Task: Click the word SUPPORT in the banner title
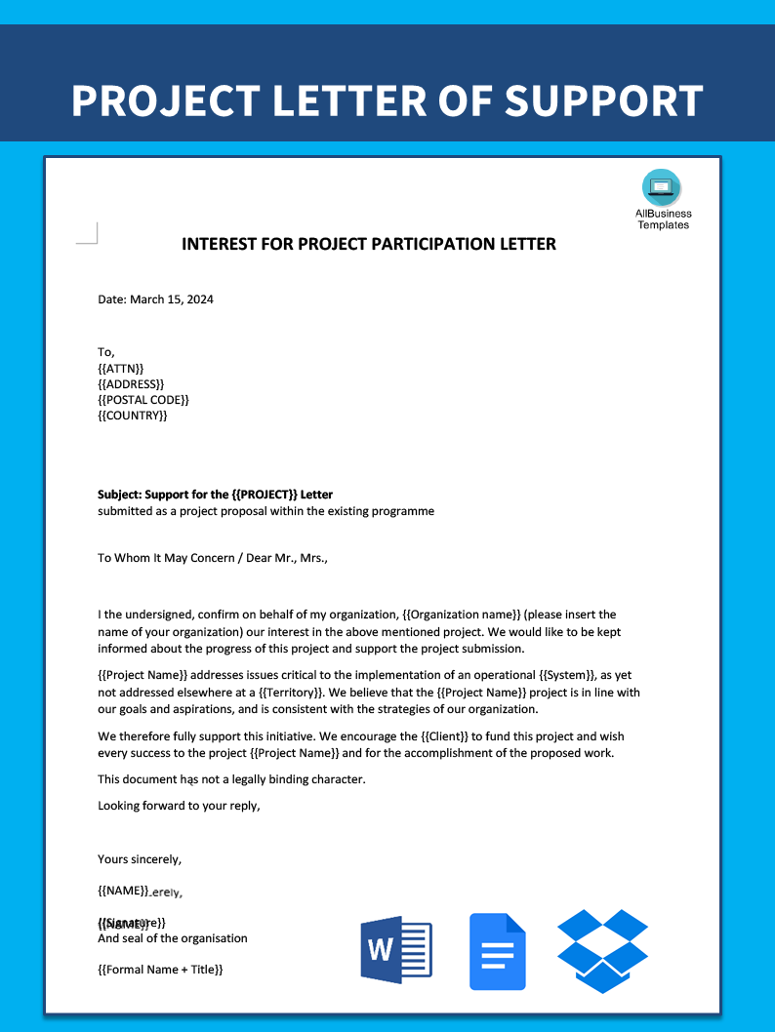click(603, 101)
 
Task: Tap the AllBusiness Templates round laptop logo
click(662, 187)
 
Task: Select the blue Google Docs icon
click(497, 951)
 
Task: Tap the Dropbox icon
click(602, 950)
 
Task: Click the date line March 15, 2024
click(155, 299)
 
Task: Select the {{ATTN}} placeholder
click(120, 368)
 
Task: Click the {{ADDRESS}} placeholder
click(131, 384)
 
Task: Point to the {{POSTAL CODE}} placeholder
click(143, 400)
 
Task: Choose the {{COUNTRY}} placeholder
click(133, 416)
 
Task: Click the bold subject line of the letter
click(215, 495)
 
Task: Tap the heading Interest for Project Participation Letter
click(369, 244)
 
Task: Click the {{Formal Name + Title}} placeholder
click(160, 970)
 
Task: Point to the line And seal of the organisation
click(172, 938)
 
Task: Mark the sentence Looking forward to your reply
click(179, 806)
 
